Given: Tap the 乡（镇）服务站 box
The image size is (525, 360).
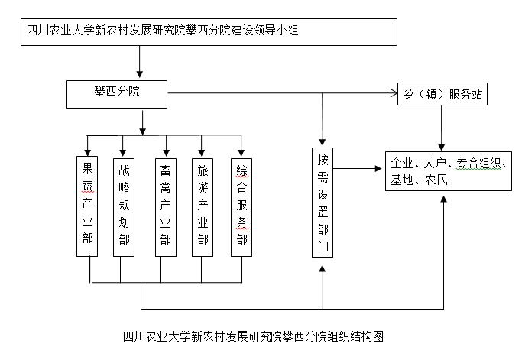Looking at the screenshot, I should [442, 94].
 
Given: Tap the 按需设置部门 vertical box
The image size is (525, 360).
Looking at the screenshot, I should [323, 202].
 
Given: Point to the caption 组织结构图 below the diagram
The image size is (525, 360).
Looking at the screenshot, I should [252, 336].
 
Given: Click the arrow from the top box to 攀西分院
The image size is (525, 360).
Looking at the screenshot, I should [140, 62].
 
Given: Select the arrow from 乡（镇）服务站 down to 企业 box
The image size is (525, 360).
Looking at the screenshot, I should [442, 127].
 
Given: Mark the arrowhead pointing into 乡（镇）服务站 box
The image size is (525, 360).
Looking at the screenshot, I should [391, 94].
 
